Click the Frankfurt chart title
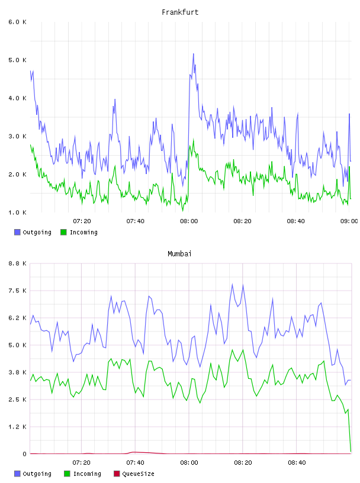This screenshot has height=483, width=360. pyautogui.click(x=180, y=12)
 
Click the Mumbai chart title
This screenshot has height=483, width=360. pyautogui.click(x=179, y=254)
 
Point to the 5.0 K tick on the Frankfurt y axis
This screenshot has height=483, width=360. pyautogui.click(x=17, y=60)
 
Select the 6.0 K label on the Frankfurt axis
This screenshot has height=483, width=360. pyautogui.click(x=17, y=22)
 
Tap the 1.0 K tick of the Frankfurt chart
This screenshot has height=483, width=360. pyautogui.click(x=17, y=212)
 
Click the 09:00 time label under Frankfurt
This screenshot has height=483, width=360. pyautogui.click(x=349, y=221)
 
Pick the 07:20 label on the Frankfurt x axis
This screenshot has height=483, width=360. pyautogui.click(x=82, y=221)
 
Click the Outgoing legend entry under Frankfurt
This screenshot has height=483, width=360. pyautogui.click(x=33, y=232)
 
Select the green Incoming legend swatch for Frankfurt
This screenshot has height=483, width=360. pyautogui.click(x=63, y=232)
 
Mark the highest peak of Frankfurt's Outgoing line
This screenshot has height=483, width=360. pyautogui.click(x=194, y=54)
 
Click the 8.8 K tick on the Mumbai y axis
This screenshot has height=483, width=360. pyautogui.click(x=17, y=263)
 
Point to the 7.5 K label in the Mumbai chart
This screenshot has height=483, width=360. pyautogui.click(x=17, y=291)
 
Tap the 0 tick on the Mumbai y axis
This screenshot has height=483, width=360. pyautogui.click(x=25, y=454)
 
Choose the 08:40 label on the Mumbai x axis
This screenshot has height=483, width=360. pyautogui.click(x=297, y=463)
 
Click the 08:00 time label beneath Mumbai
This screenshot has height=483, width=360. pyautogui.click(x=189, y=463)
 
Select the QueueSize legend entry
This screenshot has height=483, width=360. pyautogui.click(x=134, y=474)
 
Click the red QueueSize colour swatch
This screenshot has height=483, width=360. pyautogui.click(x=117, y=474)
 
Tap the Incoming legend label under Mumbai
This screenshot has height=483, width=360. pyautogui.click(x=87, y=474)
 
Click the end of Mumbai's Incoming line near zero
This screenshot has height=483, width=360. pyautogui.click(x=351, y=452)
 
